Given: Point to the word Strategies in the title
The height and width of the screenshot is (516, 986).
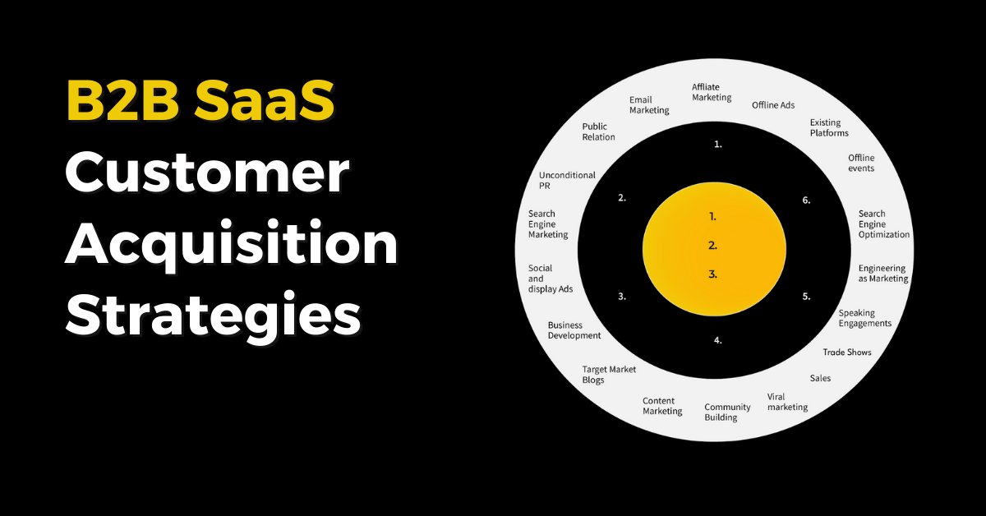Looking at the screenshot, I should (x=213, y=316).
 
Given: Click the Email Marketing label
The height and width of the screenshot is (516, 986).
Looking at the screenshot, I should (x=649, y=105).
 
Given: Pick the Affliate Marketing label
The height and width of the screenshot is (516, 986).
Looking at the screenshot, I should (x=712, y=92).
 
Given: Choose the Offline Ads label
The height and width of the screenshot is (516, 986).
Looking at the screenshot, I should (x=773, y=105).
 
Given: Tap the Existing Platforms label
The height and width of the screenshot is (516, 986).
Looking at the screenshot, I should (x=829, y=127).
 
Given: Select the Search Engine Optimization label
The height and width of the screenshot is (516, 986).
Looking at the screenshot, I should (x=884, y=223).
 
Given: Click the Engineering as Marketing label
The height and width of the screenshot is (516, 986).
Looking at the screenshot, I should (x=883, y=273).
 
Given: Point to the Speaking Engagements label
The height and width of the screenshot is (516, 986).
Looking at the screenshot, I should (x=864, y=318).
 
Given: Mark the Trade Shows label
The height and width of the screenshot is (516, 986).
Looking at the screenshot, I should (x=847, y=352).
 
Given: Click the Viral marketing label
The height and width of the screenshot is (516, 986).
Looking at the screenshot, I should (x=787, y=402).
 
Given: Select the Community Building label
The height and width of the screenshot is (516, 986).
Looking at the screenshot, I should (x=727, y=412).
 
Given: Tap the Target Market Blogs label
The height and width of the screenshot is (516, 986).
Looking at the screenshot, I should (x=609, y=375).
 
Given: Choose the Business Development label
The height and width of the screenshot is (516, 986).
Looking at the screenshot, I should (x=574, y=330).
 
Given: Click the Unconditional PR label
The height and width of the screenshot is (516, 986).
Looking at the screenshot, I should (x=567, y=180).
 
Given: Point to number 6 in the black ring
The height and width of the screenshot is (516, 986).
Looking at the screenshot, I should (x=806, y=200).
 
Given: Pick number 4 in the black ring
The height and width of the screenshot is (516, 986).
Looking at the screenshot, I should (x=717, y=339).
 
